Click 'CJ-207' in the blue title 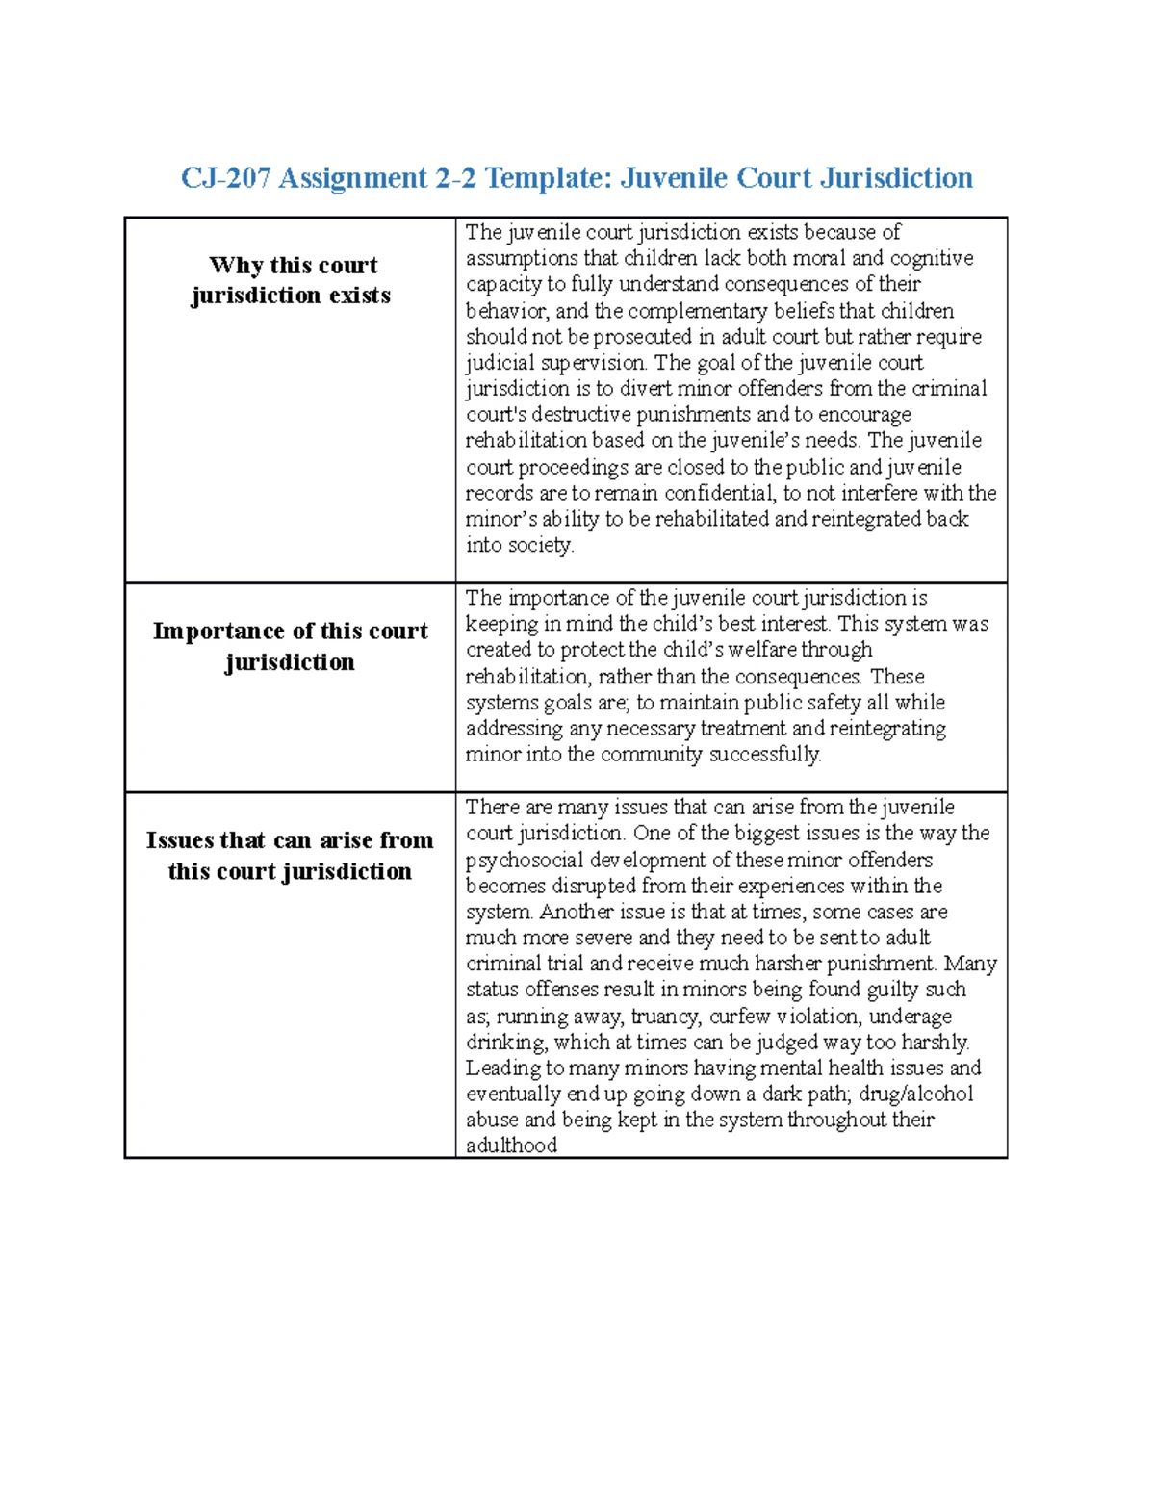coord(226,178)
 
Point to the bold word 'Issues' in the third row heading coord(180,840)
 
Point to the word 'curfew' coord(740,1017)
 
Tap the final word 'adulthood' coord(511,1146)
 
